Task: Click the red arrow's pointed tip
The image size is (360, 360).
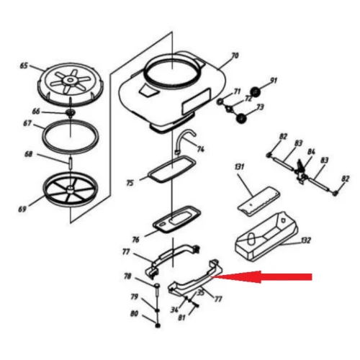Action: (x=212, y=277)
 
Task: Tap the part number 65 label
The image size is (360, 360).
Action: (x=24, y=66)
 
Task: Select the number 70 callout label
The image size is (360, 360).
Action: (x=235, y=55)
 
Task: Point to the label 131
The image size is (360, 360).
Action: (x=240, y=166)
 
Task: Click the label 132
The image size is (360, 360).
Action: (x=306, y=240)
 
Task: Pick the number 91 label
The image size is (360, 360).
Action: (x=274, y=81)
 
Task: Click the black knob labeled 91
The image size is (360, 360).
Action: (x=256, y=92)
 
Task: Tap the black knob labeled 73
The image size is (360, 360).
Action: (x=241, y=118)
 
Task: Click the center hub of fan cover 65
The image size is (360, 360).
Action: (x=71, y=80)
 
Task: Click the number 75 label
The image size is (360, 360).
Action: (x=130, y=183)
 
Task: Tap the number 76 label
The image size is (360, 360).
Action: (x=135, y=240)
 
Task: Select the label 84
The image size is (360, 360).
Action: (x=311, y=152)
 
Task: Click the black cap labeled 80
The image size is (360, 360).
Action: (x=158, y=325)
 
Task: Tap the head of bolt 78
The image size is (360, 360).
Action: (x=157, y=286)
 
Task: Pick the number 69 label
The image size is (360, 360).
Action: (x=22, y=210)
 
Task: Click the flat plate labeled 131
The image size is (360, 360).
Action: (x=258, y=202)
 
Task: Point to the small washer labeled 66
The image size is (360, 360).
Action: (x=71, y=112)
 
